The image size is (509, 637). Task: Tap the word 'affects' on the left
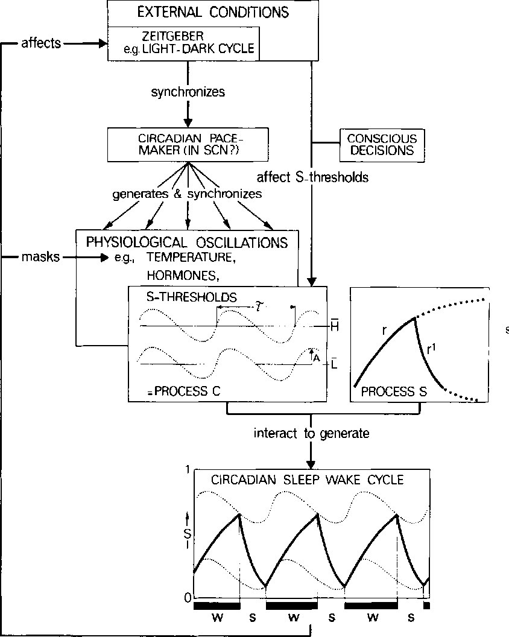pos(40,43)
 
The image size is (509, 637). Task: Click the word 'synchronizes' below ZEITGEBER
pos(188,92)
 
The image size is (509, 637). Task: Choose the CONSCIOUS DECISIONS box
pos(382,145)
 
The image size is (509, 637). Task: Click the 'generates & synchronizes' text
pos(188,194)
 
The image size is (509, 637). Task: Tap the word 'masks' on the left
pos(40,258)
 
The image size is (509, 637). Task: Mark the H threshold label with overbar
pos(334,326)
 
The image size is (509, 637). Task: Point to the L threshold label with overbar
pos(334,364)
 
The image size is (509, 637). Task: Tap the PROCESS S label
pos(394,391)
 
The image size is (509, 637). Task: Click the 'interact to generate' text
pos(311,433)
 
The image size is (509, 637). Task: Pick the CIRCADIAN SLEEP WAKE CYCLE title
pos(307,480)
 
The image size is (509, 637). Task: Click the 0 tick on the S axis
pos(187,597)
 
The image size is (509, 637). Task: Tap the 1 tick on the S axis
pos(188,470)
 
